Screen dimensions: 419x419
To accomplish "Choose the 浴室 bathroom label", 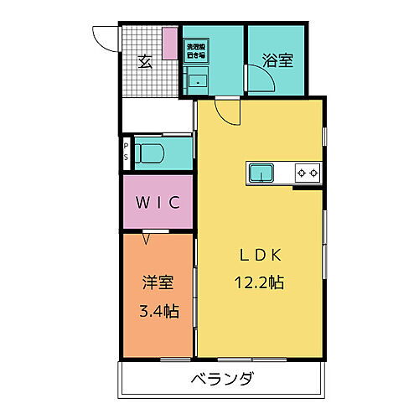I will point(275,60).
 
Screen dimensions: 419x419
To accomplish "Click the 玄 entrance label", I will point(145,60).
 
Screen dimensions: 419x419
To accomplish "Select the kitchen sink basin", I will point(262,173).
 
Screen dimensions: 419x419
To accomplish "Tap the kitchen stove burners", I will point(308,173).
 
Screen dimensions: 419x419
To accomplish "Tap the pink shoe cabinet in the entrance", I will point(170,44).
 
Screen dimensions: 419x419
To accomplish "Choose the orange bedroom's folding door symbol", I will point(148,238).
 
